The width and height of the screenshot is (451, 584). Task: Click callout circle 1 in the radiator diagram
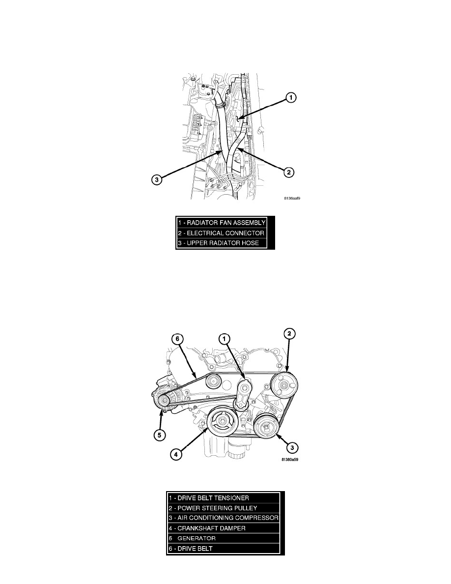(291, 98)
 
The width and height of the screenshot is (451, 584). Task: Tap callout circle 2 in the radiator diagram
(288, 172)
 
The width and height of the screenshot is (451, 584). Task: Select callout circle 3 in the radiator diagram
(157, 180)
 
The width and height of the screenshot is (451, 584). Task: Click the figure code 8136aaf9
(292, 199)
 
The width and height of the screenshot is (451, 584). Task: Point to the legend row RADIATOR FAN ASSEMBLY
(222, 223)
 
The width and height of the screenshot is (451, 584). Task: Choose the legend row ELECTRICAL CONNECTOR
(221, 233)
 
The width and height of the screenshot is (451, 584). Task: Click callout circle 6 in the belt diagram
(177, 339)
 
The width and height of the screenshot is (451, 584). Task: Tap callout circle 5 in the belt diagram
(160, 435)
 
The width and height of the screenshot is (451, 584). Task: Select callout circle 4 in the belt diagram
(176, 454)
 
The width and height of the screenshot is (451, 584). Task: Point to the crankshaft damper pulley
(223, 422)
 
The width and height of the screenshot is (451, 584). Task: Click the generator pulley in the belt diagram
(163, 401)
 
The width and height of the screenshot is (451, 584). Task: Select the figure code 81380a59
(290, 459)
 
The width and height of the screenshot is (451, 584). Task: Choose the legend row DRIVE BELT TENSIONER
(209, 497)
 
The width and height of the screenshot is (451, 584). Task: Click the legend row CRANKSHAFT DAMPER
(207, 528)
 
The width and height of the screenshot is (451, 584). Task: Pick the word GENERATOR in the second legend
(197, 538)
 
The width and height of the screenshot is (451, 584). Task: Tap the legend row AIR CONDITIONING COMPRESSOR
(223, 518)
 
